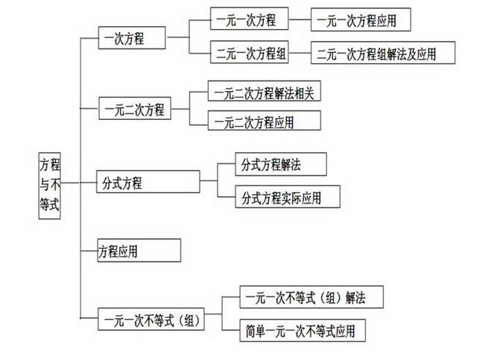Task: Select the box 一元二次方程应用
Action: point(254,121)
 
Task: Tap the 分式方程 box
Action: point(148,182)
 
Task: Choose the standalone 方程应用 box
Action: point(139,250)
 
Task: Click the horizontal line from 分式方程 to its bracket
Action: point(209,181)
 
